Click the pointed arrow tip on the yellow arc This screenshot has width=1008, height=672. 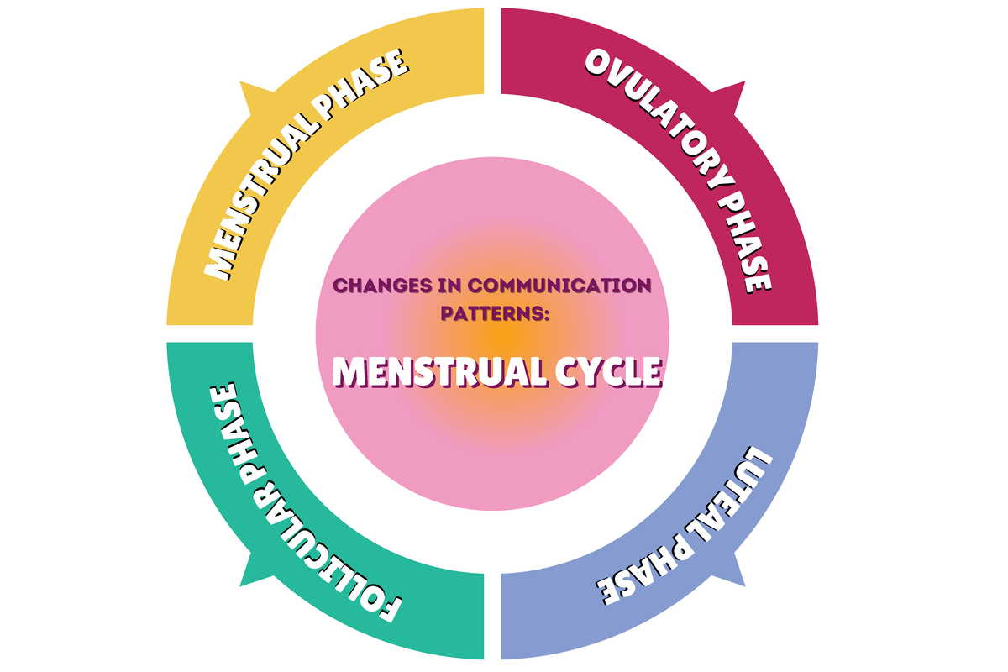click(x=242, y=84)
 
